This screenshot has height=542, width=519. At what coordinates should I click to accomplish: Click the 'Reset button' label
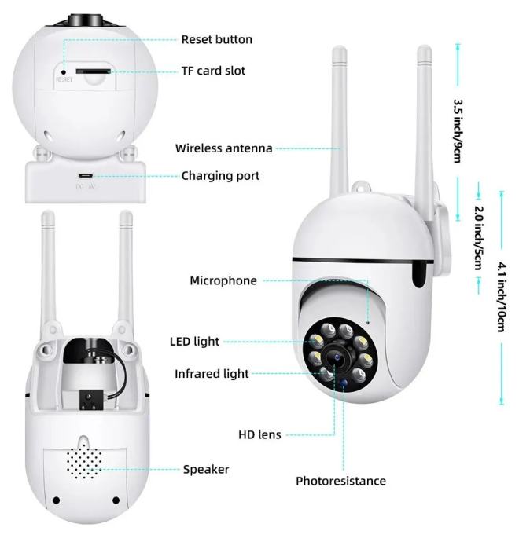click(217, 40)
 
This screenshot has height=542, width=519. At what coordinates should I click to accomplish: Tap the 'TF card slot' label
click(213, 71)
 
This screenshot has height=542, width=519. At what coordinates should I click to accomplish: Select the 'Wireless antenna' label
click(224, 148)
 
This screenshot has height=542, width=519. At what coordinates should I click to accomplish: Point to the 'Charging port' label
click(220, 176)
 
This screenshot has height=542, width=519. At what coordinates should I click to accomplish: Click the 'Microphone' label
click(223, 280)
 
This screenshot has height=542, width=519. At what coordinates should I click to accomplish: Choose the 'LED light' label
click(194, 342)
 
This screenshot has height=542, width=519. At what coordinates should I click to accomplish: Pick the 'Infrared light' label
click(212, 374)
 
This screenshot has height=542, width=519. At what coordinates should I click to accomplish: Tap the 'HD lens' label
click(259, 435)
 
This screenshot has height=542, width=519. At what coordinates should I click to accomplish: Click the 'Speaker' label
click(206, 470)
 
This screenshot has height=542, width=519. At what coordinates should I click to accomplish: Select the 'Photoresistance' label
click(340, 482)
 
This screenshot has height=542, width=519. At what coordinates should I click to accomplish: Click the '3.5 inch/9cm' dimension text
click(458, 131)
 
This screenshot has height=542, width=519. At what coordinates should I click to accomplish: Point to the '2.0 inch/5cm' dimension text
click(479, 238)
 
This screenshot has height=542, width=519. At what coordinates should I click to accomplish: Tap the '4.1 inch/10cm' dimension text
click(502, 297)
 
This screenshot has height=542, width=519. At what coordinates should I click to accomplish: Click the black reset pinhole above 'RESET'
click(64, 72)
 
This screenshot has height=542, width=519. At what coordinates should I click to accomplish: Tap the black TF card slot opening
click(94, 71)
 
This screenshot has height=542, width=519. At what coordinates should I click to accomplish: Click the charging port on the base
click(85, 176)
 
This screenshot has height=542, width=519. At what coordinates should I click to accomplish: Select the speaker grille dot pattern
click(84, 461)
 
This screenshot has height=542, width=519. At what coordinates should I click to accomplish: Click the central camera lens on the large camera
click(337, 357)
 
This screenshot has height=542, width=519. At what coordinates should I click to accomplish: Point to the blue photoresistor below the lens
click(343, 383)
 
